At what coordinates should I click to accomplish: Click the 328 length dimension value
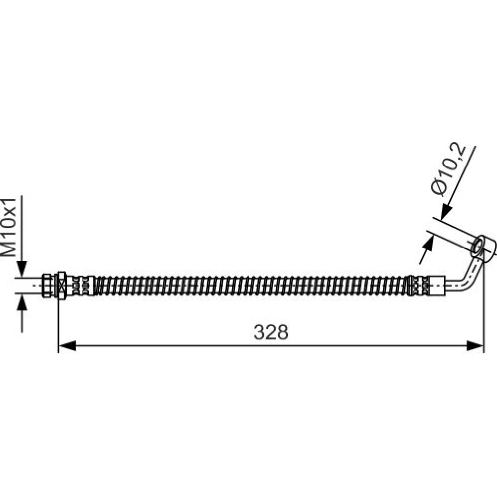point(271,332)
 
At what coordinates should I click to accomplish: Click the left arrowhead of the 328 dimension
point(67,346)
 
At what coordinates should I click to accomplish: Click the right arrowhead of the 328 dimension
point(475,346)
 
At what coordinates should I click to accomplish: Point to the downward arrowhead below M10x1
point(22,269)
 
